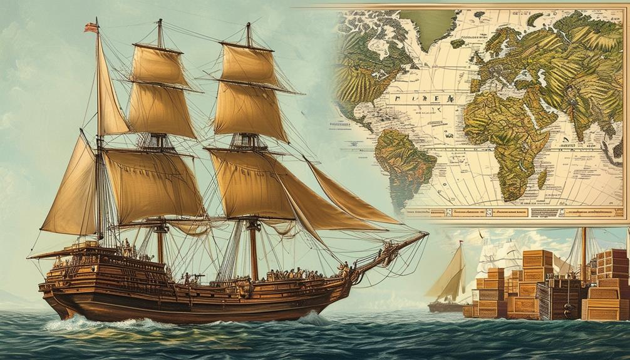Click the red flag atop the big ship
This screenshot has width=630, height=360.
point(91,27)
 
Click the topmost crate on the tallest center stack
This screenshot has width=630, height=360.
point(538,257)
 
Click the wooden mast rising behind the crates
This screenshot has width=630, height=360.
point(584,250)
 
